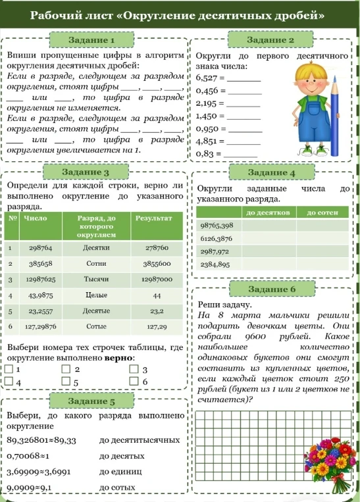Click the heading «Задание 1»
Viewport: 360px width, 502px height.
pos(91,41)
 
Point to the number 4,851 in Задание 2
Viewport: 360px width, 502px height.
pos(209,140)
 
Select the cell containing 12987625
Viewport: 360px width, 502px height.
pos(41,279)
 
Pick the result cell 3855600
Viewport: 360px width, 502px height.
pos(157,263)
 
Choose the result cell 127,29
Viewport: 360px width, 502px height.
pos(157,326)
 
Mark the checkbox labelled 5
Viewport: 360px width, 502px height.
pos(65,382)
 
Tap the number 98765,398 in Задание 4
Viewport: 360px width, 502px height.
pos(217,225)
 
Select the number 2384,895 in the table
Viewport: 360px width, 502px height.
pos(215,264)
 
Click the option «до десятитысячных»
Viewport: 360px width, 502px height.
pos(139,439)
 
